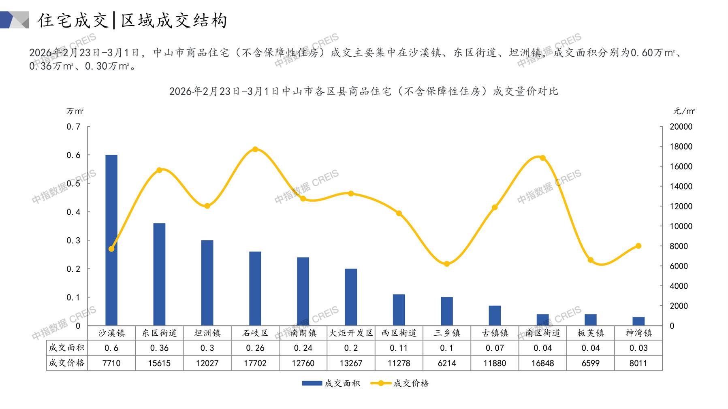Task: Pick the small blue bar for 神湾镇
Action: click(638, 321)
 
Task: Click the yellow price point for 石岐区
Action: click(255, 149)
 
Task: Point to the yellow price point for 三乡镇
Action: click(447, 264)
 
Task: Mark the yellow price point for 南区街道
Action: click(543, 158)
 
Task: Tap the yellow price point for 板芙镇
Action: click(591, 260)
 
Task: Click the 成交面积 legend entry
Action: click(331, 383)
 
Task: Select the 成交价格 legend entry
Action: click(400, 383)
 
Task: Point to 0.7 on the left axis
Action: click(73, 127)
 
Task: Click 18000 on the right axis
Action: click(681, 147)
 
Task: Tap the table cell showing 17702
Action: click(255, 363)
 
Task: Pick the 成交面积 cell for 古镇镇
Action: click(495, 348)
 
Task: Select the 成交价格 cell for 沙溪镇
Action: click(111, 363)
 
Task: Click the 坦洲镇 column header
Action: click(207, 333)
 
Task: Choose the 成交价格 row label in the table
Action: click(67, 363)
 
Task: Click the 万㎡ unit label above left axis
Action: click(75, 111)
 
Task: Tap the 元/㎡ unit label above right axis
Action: click(684, 111)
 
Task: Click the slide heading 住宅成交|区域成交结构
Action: click(132, 20)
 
